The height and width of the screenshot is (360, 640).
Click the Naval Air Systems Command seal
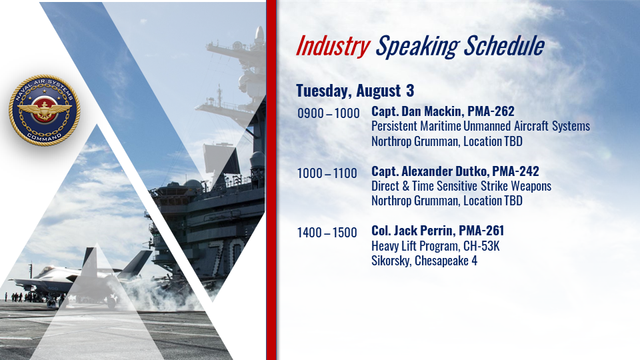click(x=44, y=110)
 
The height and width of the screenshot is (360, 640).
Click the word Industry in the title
click(x=333, y=46)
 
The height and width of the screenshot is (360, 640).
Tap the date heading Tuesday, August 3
click(x=355, y=91)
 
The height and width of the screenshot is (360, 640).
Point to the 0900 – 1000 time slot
click(x=328, y=113)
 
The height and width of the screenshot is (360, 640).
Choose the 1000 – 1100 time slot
click(x=327, y=173)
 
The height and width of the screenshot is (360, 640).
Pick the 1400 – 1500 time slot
click(x=327, y=233)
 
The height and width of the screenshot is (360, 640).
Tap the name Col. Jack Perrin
click(x=412, y=231)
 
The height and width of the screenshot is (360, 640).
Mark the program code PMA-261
click(x=481, y=231)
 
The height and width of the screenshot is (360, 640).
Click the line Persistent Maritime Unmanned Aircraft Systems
click(x=481, y=126)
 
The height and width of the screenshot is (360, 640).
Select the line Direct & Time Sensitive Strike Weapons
click(x=461, y=186)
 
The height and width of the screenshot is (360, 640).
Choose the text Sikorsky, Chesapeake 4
click(x=424, y=261)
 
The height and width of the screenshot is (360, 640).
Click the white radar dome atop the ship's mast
click(x=259, y=35)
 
